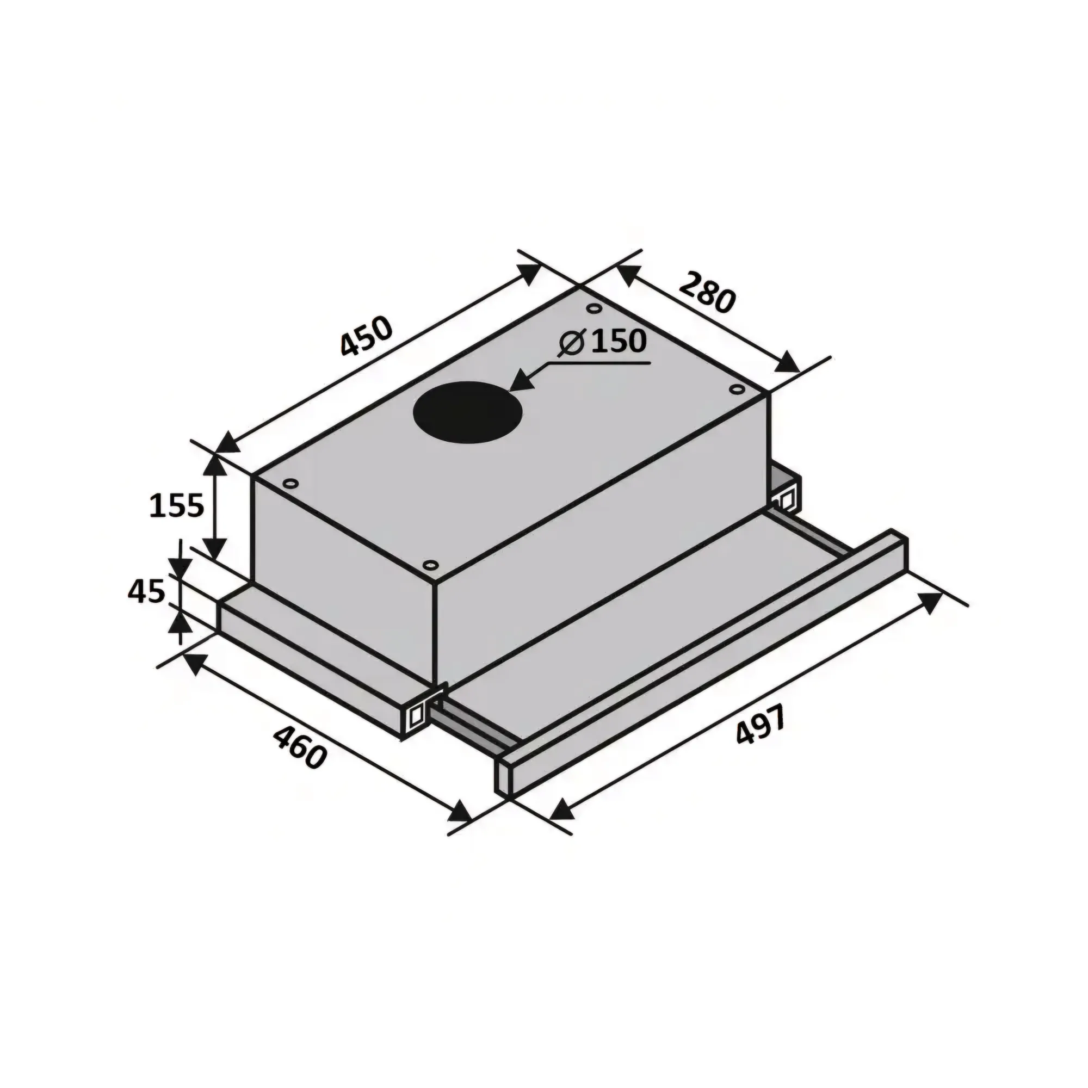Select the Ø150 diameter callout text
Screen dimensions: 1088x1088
602,342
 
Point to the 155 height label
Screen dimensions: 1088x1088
176,505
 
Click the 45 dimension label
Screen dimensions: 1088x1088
147,591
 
